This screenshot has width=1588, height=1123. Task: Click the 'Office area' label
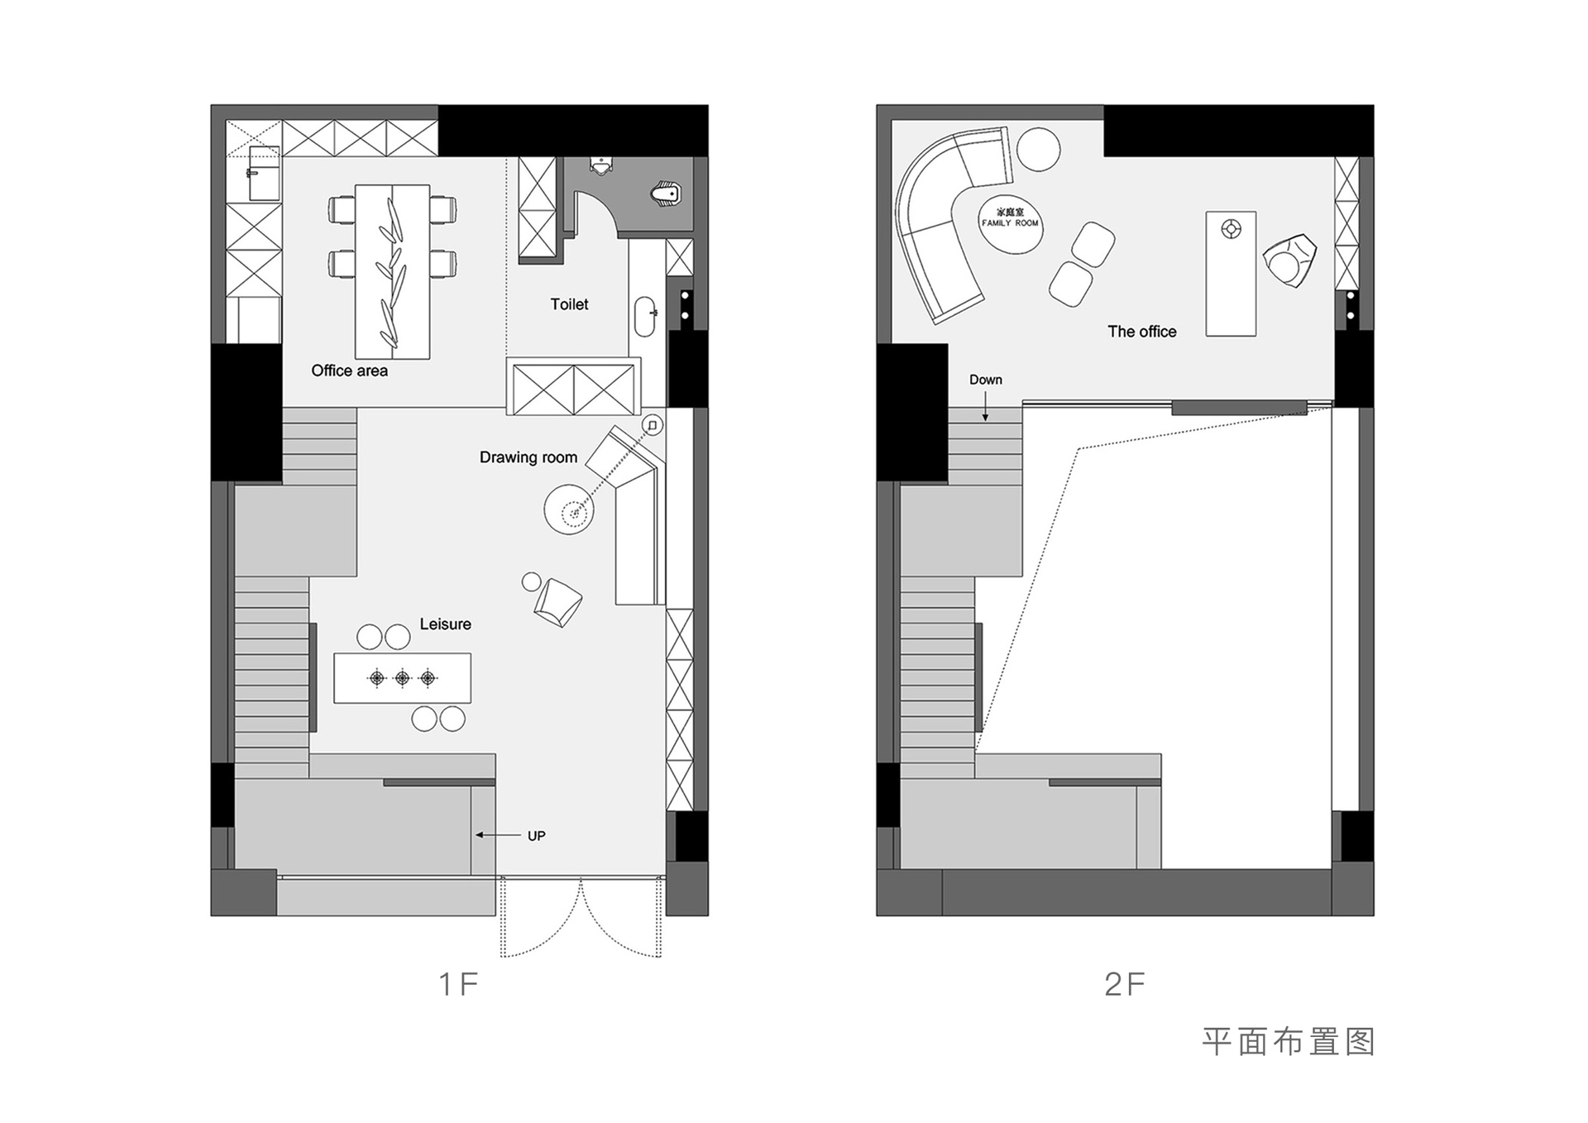349,370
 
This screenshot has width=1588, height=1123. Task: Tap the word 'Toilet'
569,304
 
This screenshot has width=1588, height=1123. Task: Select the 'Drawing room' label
529,457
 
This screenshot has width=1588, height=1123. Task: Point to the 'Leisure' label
445,624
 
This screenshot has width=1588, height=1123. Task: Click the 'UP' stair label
537,836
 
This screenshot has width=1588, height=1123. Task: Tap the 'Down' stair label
986,380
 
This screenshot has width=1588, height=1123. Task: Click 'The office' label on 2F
1141,332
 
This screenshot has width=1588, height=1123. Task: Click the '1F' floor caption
458,984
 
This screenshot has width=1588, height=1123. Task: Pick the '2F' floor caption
1125,984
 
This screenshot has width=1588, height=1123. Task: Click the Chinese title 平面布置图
1288,1042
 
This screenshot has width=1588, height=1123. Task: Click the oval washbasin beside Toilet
645,316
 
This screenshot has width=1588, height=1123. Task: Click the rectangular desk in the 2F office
1231,274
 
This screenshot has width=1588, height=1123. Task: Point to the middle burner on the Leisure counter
402,679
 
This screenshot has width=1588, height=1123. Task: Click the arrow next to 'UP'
498,835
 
